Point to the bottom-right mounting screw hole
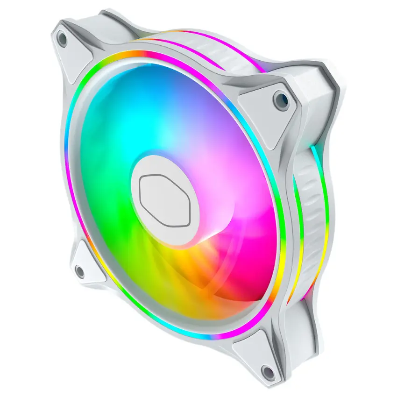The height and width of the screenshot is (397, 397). tap(267, 371)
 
